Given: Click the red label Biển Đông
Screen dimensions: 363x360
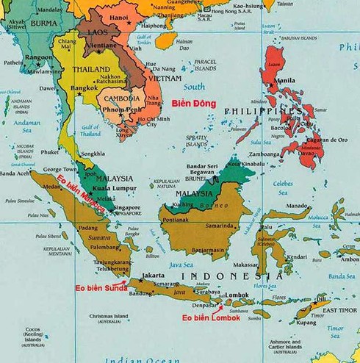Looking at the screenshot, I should [193, 104].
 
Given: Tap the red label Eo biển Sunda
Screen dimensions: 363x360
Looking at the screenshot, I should [96, 288].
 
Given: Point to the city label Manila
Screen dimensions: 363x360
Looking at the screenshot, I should [287, 81].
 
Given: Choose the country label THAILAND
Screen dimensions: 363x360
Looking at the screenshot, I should [91, 69].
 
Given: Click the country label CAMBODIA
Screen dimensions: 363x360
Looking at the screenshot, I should [122, 98].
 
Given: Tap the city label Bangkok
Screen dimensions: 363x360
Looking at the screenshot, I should [84, 88].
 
